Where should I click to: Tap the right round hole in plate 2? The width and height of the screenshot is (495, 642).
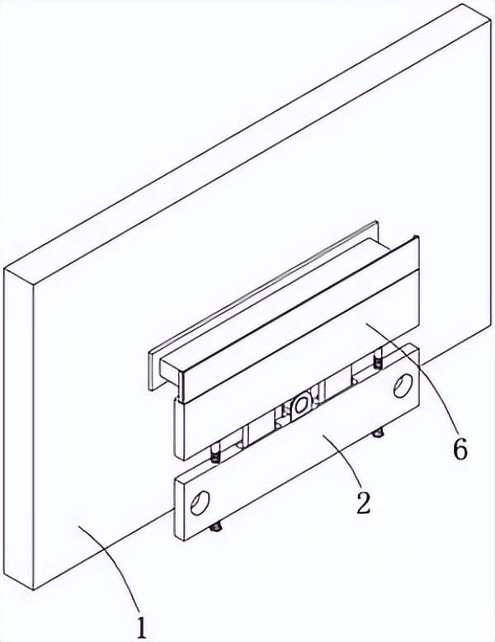(403, 385)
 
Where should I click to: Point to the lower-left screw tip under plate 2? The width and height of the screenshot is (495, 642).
(217, 528)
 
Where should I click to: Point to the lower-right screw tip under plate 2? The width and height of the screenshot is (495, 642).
(379, 432)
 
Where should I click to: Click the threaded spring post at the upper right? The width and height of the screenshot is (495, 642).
(379, 359)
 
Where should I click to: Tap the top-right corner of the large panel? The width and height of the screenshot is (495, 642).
(491, 21)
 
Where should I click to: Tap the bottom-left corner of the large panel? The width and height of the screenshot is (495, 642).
(33, 590)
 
